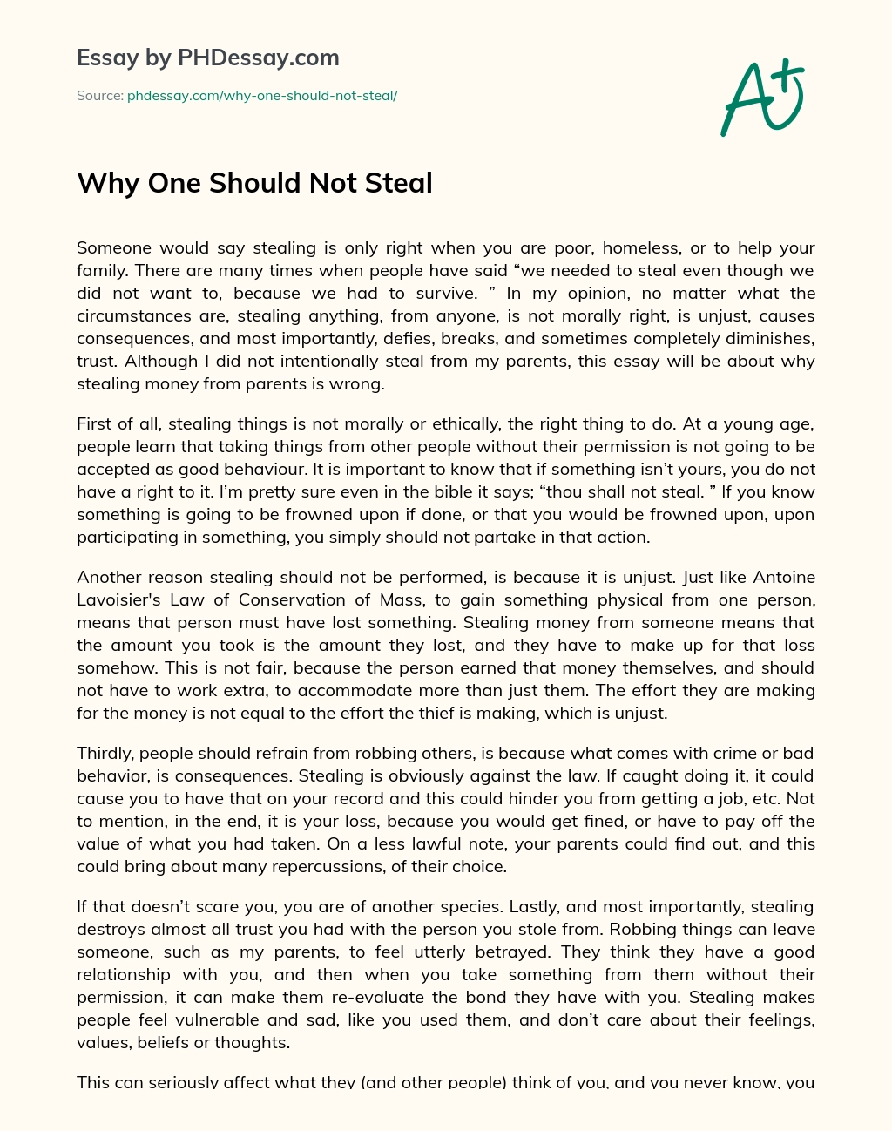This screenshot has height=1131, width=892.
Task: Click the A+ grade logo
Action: tap(762, 98)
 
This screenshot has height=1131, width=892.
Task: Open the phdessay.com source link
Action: tap(262, 96)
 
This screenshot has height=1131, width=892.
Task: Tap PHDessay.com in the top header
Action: tap(258, 58)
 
